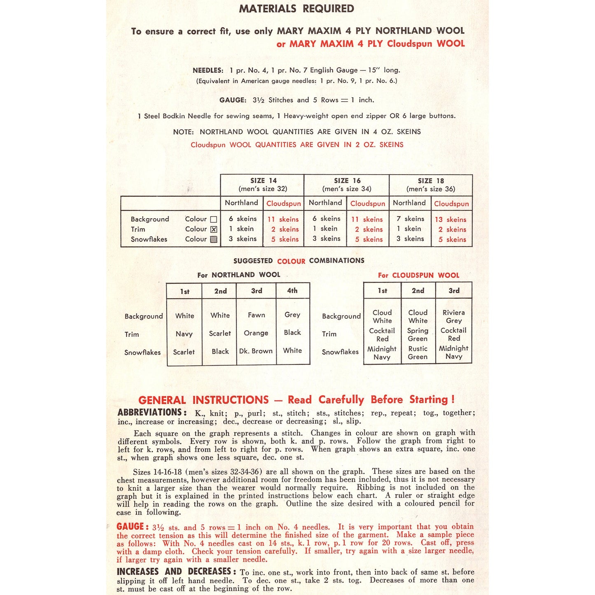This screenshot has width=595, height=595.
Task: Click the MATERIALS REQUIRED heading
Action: tap(296, 9)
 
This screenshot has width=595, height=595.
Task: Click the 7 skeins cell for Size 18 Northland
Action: tap(410, 219)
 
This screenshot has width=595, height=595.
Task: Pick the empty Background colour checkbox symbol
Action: tap(213, 219)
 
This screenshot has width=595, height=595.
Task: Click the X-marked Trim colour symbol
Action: tap(213, 229)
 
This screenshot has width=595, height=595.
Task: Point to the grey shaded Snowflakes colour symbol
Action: tap(213, 239)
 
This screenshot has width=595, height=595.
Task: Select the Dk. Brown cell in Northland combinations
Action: tap(256, 351)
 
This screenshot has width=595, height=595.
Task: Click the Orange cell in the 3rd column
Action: tap(256, 333)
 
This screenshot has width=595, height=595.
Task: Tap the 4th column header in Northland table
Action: tap(292, 291)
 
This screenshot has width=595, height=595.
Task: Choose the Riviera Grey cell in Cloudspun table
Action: tap(453, 316)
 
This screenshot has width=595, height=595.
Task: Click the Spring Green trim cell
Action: tap(418, 334)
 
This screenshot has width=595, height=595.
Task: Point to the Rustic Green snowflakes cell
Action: tap(418, 352)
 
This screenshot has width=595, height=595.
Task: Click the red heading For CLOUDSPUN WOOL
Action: tap(418, 275)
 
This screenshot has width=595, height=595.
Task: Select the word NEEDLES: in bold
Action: tap(208, 70)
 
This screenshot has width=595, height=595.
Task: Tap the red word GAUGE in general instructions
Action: tap(130, 527)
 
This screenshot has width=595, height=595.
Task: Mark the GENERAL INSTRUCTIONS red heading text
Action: tap(203, 400)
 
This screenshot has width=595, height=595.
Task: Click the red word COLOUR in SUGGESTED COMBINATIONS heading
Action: tap(291, 261)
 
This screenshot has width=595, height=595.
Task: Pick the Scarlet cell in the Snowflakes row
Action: tap(184, 352)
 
